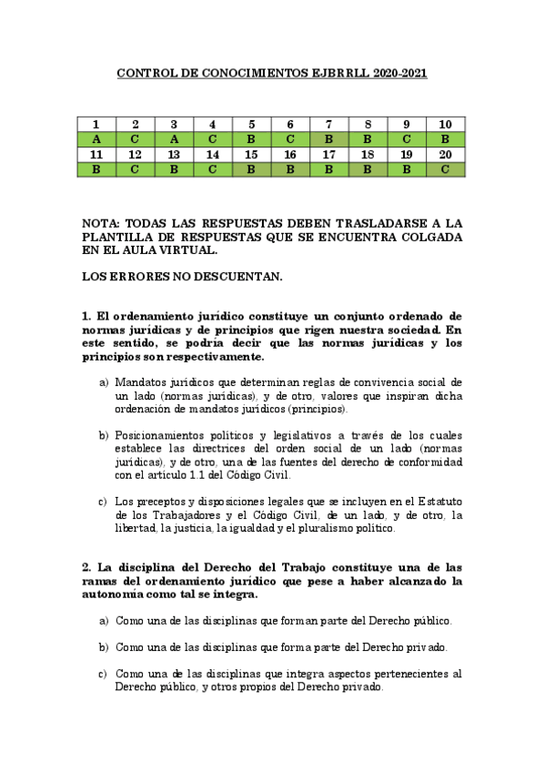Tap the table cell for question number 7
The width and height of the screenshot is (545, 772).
coord(329,125)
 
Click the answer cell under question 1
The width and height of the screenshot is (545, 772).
coord(96,139)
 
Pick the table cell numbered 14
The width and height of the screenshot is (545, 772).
coord(213,155)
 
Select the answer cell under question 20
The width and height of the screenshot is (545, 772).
coord(446,169)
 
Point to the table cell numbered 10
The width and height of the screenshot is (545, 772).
coord(446,125)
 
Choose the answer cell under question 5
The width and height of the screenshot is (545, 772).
coord(252,139)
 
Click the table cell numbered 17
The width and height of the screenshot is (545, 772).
coord(329,155)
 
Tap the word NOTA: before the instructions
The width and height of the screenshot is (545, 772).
coord(100,222)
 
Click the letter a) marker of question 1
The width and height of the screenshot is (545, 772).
coord(103,381)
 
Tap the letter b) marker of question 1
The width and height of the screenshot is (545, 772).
coord(103,435)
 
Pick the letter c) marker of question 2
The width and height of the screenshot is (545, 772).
coord(103,675)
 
